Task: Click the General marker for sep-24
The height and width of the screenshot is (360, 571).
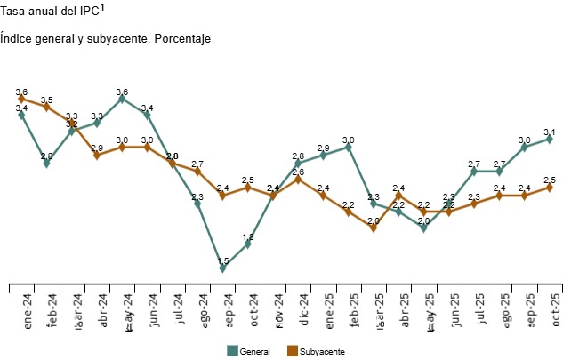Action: click(x=222, y=268)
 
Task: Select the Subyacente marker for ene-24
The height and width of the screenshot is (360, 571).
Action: click(x=21, y=99)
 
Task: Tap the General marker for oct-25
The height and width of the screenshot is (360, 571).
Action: click(x=550, y=139)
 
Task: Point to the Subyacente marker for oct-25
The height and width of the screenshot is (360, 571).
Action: click(x=550, y=187)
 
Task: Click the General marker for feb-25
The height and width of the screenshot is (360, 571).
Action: click(x=349, y=147)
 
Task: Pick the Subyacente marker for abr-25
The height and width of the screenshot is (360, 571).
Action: click(x=398, y=195)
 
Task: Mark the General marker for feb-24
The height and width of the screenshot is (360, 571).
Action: click(x=46, y=163)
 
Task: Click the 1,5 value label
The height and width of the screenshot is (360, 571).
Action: click(x=222, y=260)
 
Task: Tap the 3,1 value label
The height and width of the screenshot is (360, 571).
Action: click(x=550, y=132)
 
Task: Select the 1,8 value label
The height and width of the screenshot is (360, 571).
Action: click(x=248, y=236)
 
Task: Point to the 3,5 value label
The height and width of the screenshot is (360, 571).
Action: click(x=46, y=100)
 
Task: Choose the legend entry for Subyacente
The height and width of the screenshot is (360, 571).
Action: click(x=316, y=352)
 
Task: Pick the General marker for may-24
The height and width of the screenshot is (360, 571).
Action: click(x=122, y=99)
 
